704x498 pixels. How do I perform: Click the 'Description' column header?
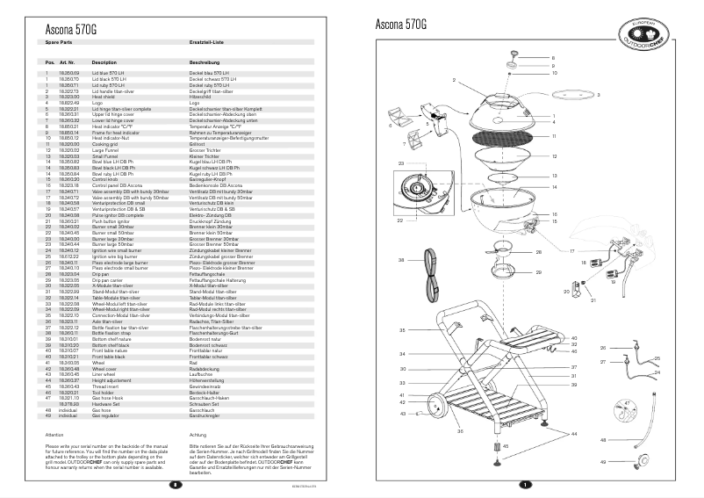pos(104,62)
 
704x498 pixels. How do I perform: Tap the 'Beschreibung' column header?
pos(205,62)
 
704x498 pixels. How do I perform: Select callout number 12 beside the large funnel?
pos(554,157)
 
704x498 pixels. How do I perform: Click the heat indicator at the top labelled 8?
pos(513,58)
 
